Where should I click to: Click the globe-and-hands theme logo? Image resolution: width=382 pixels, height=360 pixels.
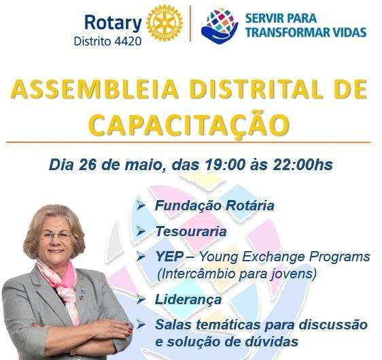coord(220,25)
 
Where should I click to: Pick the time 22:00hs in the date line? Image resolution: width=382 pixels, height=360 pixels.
coord(300,165)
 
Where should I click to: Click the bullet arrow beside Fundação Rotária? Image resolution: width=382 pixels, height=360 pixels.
coord(141,205)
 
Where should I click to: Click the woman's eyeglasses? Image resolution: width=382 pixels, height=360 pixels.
coord(56,235)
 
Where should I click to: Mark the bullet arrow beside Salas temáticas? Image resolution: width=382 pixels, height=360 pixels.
coord(141,325)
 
